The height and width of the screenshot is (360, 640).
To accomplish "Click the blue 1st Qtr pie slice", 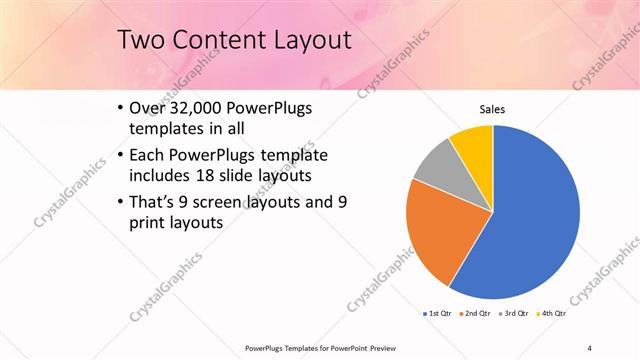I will point(530,220).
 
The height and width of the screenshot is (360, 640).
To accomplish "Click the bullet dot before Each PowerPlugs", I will point(121,155).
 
